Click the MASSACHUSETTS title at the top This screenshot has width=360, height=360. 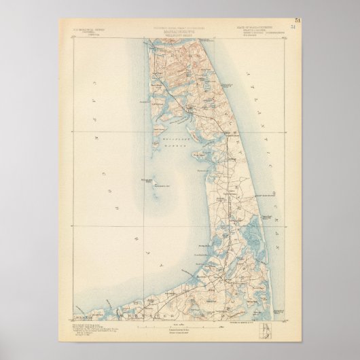pos(180,32)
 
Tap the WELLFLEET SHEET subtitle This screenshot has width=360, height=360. pos(180,36)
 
